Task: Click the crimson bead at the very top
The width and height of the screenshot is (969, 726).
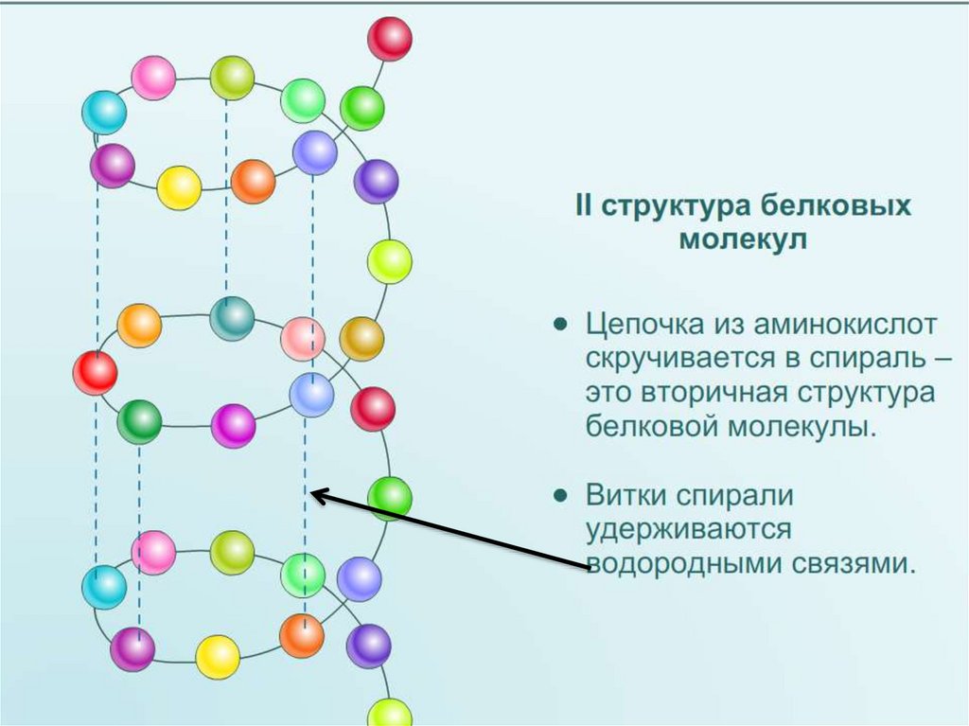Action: click(x=390, y=39)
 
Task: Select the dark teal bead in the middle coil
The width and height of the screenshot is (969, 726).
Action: click(x=232, y=318)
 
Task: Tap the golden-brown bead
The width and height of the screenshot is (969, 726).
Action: click(x=361, y=338)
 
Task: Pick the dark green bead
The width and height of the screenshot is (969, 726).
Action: click(x=139, y=422)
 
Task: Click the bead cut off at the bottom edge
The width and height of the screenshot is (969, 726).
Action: click(x=389, y=713)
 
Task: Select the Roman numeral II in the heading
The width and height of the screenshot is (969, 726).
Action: click(x=586, y=206)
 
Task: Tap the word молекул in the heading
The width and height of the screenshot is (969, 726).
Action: click(x=743, y=239)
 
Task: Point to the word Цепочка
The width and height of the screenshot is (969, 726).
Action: click(x=644, y=326)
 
